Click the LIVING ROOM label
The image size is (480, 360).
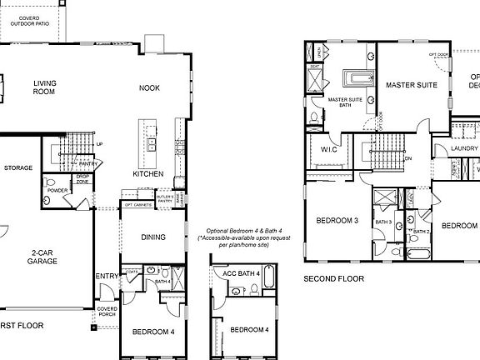(44, 87)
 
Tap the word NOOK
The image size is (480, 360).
(150, 87)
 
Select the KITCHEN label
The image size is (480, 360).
(147, 174)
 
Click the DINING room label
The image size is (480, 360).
(152, 237)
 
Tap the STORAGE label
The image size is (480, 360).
(18, 167)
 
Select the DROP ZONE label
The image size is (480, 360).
(83, 178)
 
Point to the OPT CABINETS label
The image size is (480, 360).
(137, 204)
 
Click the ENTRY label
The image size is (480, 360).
(107, 277)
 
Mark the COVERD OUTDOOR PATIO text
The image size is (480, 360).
(29, 21)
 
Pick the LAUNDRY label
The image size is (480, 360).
(464, 148)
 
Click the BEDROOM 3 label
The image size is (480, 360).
(337, 221)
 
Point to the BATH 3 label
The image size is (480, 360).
(383, 222)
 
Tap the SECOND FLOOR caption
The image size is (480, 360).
(334, 278)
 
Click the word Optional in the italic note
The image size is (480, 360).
(220, 230)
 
